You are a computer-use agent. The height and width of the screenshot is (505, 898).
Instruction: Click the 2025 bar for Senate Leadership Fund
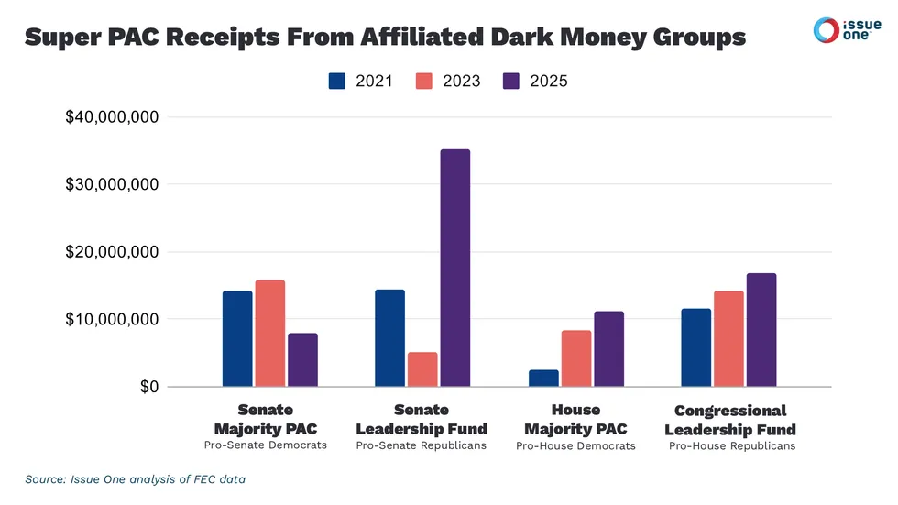[x=454, y=268]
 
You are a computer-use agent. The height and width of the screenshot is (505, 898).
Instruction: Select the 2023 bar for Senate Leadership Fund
[x=422, y=369]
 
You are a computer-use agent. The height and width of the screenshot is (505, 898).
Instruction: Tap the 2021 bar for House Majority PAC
[x=543, y=378]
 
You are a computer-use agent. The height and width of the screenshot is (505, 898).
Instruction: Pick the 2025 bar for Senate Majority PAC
[x=302, y=359]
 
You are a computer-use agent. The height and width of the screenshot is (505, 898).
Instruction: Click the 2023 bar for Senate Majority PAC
[x=270, y=333]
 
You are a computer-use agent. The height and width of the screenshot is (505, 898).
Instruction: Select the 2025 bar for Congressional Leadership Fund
[x=761, y=330]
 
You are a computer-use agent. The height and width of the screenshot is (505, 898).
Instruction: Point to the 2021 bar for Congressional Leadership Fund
[x=696, y=347]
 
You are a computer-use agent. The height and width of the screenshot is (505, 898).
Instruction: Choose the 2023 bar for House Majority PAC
[x=575, y=358]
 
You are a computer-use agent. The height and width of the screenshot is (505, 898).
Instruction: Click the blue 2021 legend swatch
[x=338, y=81]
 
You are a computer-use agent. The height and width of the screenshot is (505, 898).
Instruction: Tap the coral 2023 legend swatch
[x=424, y=81]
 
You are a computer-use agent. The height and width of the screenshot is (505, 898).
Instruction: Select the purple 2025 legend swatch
[x=512, y=81]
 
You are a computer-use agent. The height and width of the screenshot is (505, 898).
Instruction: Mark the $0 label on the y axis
[x=146, y=387]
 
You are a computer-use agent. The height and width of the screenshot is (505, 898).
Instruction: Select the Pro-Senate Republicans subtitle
[x=421, y=445]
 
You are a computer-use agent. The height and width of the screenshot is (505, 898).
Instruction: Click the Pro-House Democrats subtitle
[x=575, y=446]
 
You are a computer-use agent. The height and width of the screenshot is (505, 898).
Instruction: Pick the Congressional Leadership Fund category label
[x=730, y=420]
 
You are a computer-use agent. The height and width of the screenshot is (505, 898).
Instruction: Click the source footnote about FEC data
[x=135, y=479]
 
